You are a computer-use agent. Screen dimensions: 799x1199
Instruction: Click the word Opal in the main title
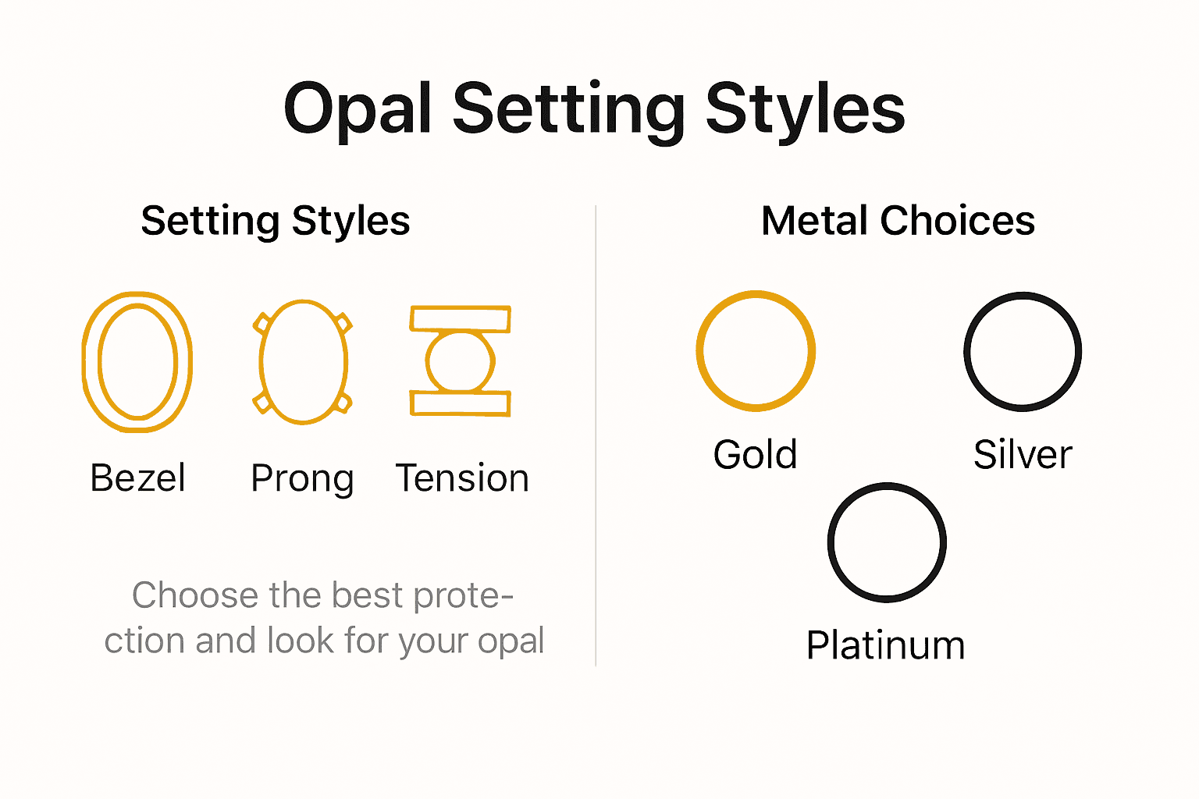(358, 109)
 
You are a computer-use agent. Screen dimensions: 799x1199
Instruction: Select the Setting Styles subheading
(275, 221)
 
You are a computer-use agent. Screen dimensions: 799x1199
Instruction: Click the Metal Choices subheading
(898, 221)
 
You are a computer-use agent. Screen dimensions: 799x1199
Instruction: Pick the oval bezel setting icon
(137, 361)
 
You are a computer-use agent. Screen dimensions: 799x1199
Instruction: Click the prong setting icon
(303, 362)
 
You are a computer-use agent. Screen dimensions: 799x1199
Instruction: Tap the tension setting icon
(461, 360)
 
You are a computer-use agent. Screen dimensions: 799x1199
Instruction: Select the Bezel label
(138, 478)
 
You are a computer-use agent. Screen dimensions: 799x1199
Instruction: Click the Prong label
(302, 478)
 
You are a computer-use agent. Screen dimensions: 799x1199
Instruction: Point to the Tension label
(462, 478)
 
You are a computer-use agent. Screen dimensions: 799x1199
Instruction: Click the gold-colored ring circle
(756, 350)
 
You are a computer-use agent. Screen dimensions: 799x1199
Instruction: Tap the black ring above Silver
(1023, 351)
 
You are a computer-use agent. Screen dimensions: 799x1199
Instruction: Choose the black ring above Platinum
(887, 542)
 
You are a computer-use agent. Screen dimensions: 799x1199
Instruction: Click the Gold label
(755, 454)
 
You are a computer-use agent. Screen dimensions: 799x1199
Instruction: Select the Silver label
(1023, 454)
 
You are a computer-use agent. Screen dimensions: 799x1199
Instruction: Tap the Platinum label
(886, 645)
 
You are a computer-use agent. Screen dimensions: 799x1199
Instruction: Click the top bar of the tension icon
(461, 319)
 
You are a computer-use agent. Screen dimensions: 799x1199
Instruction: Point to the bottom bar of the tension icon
(461, 403)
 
